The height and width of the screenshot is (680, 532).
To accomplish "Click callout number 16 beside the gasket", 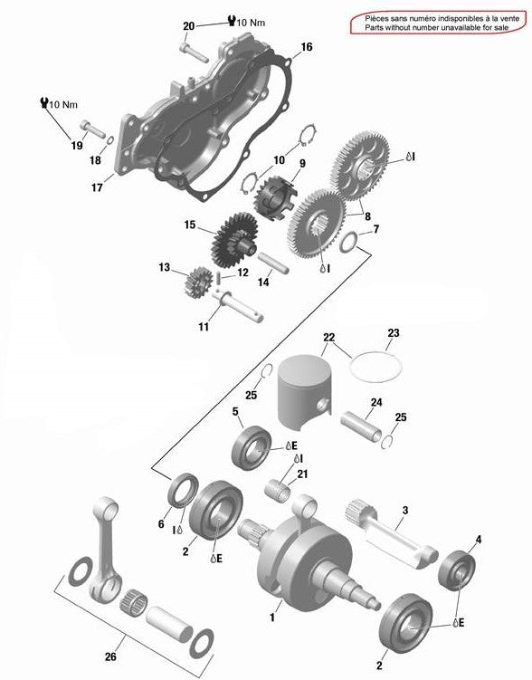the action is (307, 47).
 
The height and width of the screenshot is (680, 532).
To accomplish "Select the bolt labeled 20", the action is (193, 52).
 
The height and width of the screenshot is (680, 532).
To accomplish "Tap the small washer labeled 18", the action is (110, 140).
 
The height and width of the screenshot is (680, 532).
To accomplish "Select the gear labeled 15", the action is (233, 241).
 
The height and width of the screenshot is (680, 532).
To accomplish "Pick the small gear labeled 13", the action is (198, 283).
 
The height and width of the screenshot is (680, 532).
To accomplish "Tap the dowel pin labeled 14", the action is (273, 263).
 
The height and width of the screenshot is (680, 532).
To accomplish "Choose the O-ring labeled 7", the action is (349, 242).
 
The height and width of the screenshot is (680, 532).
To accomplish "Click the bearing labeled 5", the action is (252, 447).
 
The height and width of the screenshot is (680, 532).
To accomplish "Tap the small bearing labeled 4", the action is (457, 570).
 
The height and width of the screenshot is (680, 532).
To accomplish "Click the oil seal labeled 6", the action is (184, 490).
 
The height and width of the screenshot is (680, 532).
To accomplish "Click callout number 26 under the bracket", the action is (111, 656).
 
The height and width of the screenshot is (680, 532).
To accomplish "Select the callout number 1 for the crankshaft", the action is (272, 617).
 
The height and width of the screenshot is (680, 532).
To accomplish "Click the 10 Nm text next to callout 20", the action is (251, 22).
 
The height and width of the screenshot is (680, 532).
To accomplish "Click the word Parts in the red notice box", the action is (374, 27).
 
